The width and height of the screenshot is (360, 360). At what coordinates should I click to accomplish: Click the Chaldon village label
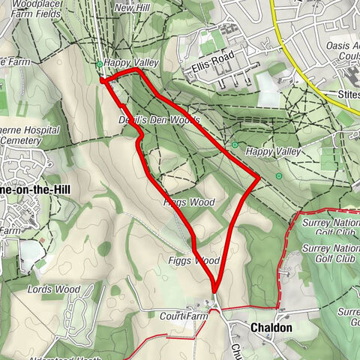coord(271,328)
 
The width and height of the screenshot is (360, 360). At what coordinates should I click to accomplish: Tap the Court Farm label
coord(183,316)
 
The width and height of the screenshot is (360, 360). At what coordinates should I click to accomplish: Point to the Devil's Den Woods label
coord(159,120)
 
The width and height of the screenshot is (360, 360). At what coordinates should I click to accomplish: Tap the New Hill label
coord(133,7)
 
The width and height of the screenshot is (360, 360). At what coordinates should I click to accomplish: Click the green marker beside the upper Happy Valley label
coord(99,64)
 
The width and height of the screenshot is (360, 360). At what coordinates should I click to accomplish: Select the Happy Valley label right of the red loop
coord(273,151)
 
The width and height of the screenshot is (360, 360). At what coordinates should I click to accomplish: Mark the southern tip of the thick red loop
coord(214,292)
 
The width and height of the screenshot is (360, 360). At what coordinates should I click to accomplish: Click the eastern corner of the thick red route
coord(259,178)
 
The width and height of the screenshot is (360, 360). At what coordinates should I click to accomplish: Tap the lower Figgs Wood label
coord(193,261)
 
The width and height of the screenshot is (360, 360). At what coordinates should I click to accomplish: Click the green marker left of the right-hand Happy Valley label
coord(235,145)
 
